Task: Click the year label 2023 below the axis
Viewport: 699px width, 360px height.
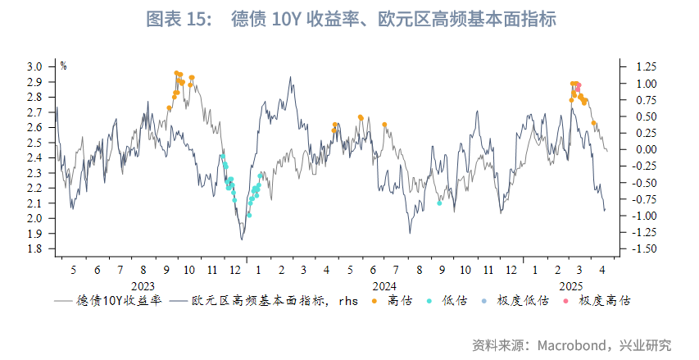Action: (x=143, y=286)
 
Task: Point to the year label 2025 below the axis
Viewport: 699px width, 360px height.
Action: (x=570, y=286)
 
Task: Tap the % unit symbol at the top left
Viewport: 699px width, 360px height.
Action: (x=63, y=66)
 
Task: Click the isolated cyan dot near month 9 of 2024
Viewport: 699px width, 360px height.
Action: (x=439, y=203)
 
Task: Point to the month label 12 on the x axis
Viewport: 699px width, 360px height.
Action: (x=236, y=270)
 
